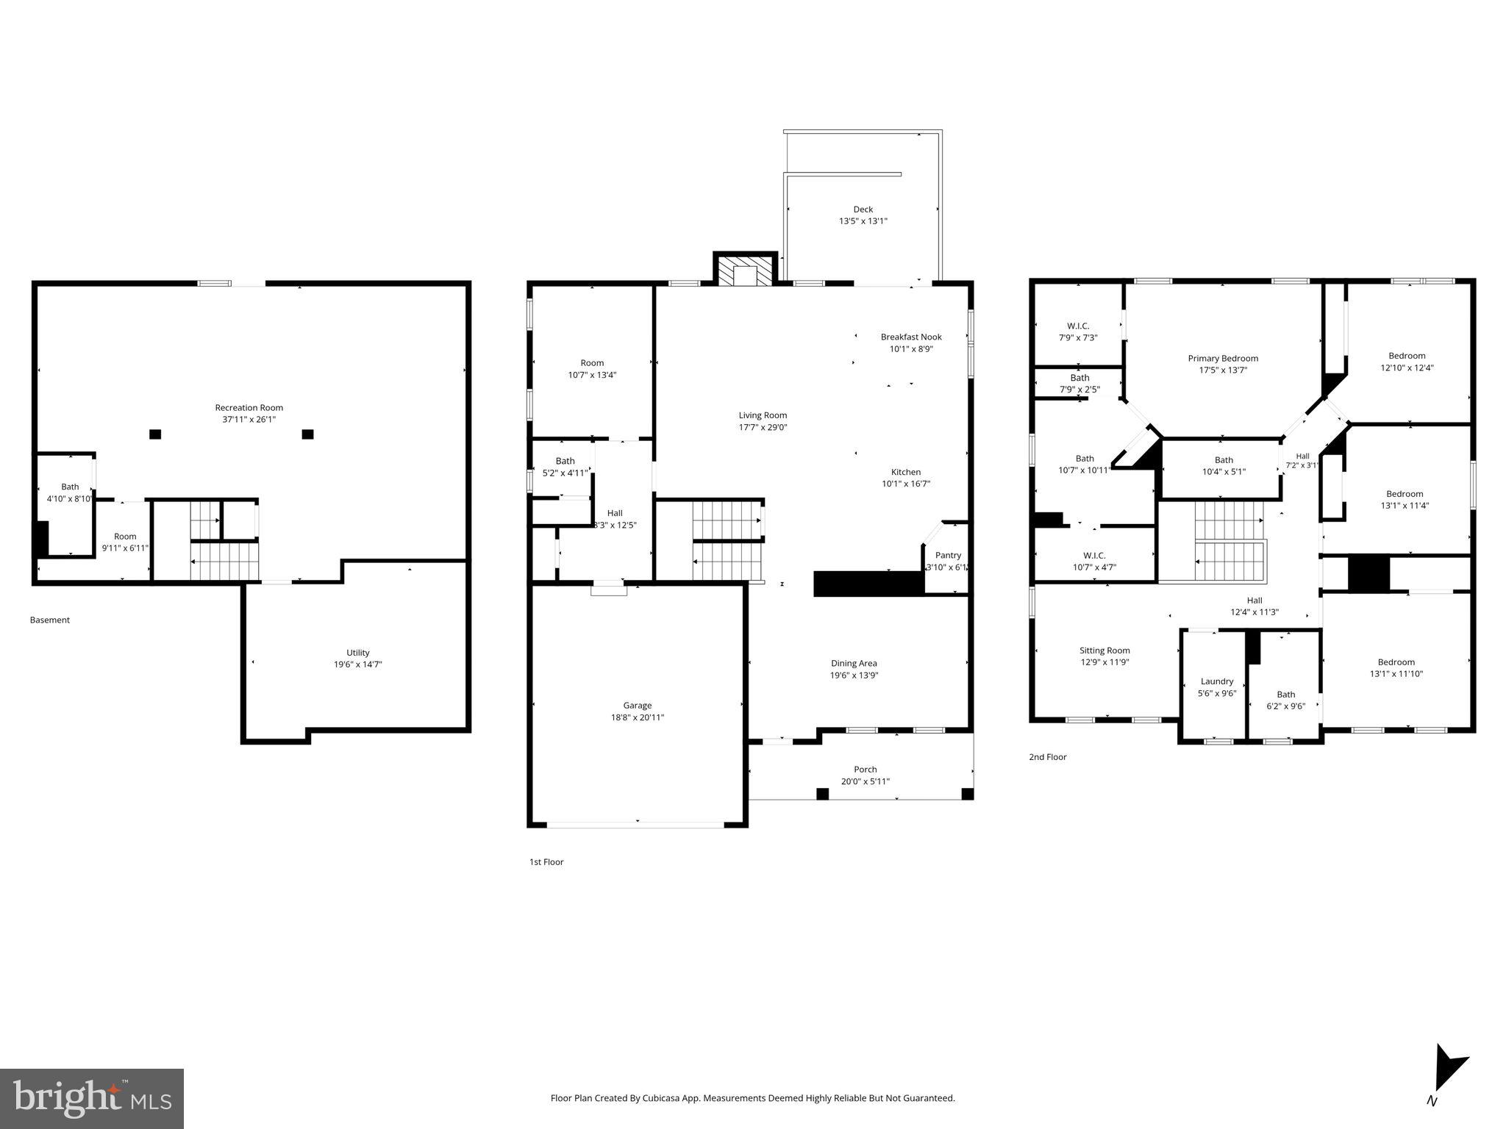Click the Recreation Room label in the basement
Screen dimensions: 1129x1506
pyautogui.click(x=249, y=407)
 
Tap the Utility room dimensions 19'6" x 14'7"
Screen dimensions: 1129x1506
pyautogui.click(x=357, y=664)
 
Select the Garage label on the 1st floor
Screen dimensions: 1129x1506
pyautogui.click(x=637, y=706)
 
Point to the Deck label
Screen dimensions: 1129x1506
pyautogui.click(x=863, y=209)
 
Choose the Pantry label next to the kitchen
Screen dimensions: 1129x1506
pyautogui.click(x=947, y=556)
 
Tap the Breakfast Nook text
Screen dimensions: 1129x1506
pyautogui.click(x=910, y=337)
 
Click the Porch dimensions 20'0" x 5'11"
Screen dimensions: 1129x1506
pyautogui.click(x=865, y=781)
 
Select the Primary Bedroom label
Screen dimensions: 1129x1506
pyautogui.click(x=1222, y=359)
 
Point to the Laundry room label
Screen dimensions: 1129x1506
pyautogui.click(x=1216, y=681)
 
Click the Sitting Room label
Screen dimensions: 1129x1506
pyautogui.click(x=1104, y=650)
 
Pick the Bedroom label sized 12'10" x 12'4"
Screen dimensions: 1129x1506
pyautogui.click(x=1406, y=356)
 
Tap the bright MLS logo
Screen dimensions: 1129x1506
pyautogui.click(x=92, y=1098)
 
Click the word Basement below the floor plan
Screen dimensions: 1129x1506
pyautogui.click(x=50, y=620)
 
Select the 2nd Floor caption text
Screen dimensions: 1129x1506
pyautogui.click(x=1046, y=757)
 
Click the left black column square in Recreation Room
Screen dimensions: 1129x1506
pyautogui.click(x=155, y=434)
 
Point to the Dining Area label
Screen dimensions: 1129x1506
pyautogui.click(x=853, y=664)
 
